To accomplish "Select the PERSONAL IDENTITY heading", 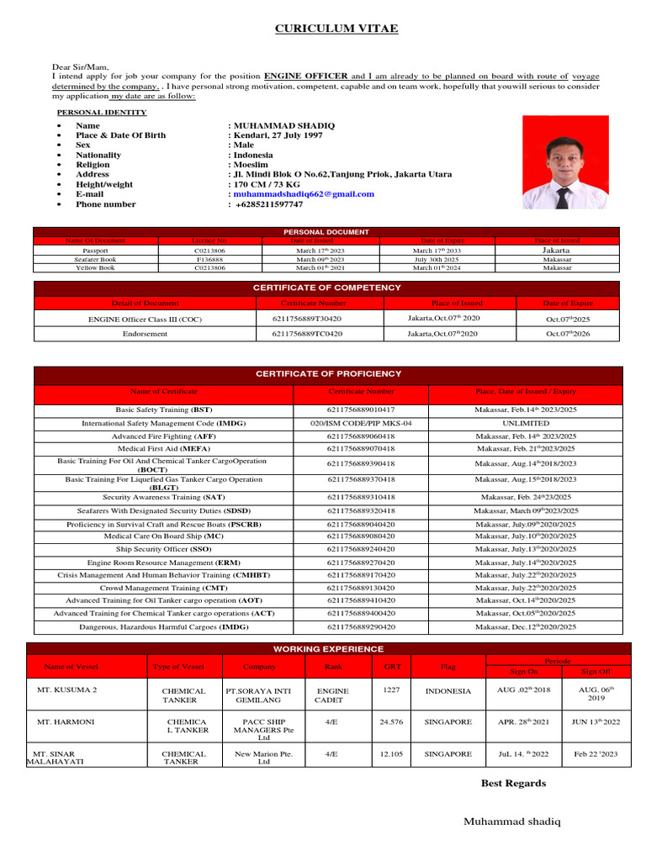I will (101, 112).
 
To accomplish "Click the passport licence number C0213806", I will (209, 251).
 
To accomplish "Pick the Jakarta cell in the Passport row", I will (557, 251).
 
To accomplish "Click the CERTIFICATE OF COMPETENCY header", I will (327, 288).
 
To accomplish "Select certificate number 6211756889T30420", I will (307, 320).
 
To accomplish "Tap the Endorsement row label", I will (146, 334).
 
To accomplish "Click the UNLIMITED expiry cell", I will (526, 423).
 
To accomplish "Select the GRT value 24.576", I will (392, 721).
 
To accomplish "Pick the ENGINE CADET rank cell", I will (332, 695).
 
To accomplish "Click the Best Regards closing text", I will (513, 784).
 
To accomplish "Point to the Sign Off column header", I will (598, 672).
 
